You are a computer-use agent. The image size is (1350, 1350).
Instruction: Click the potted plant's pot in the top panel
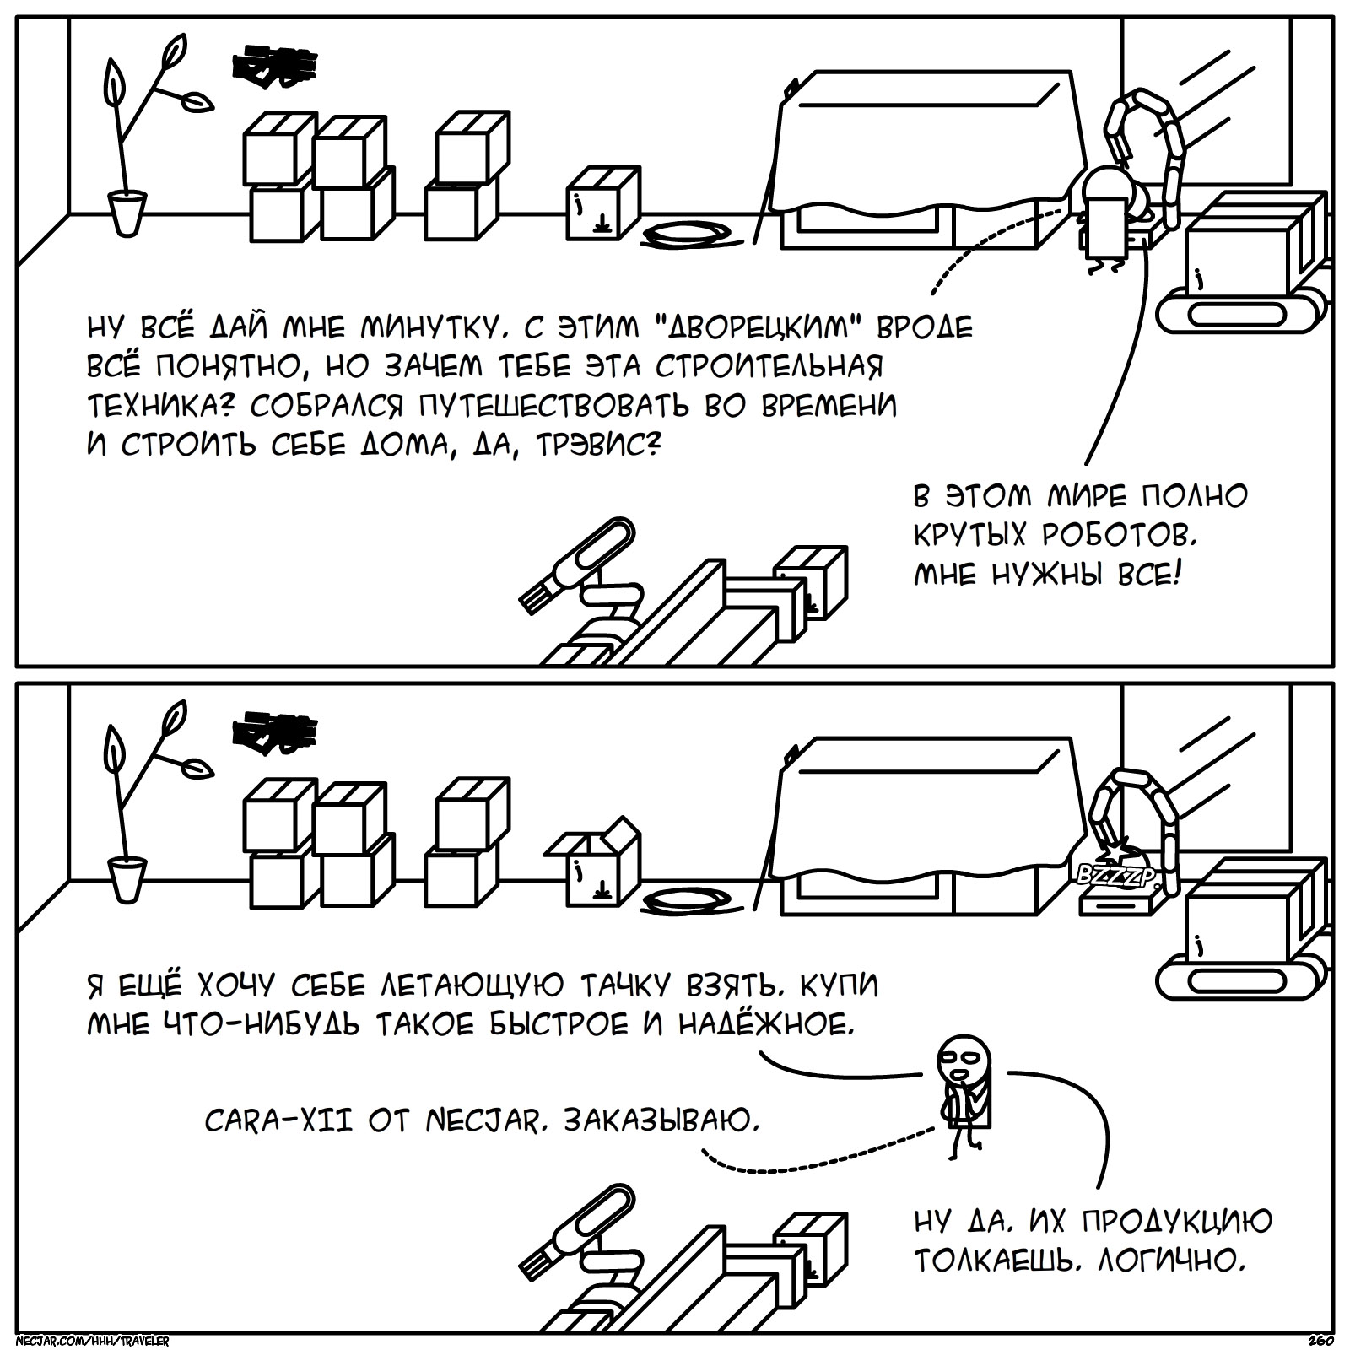pos(127,213)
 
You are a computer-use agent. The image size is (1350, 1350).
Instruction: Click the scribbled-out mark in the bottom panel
pos(275,731)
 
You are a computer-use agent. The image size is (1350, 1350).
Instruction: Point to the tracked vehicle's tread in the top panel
pos(1235,312)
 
